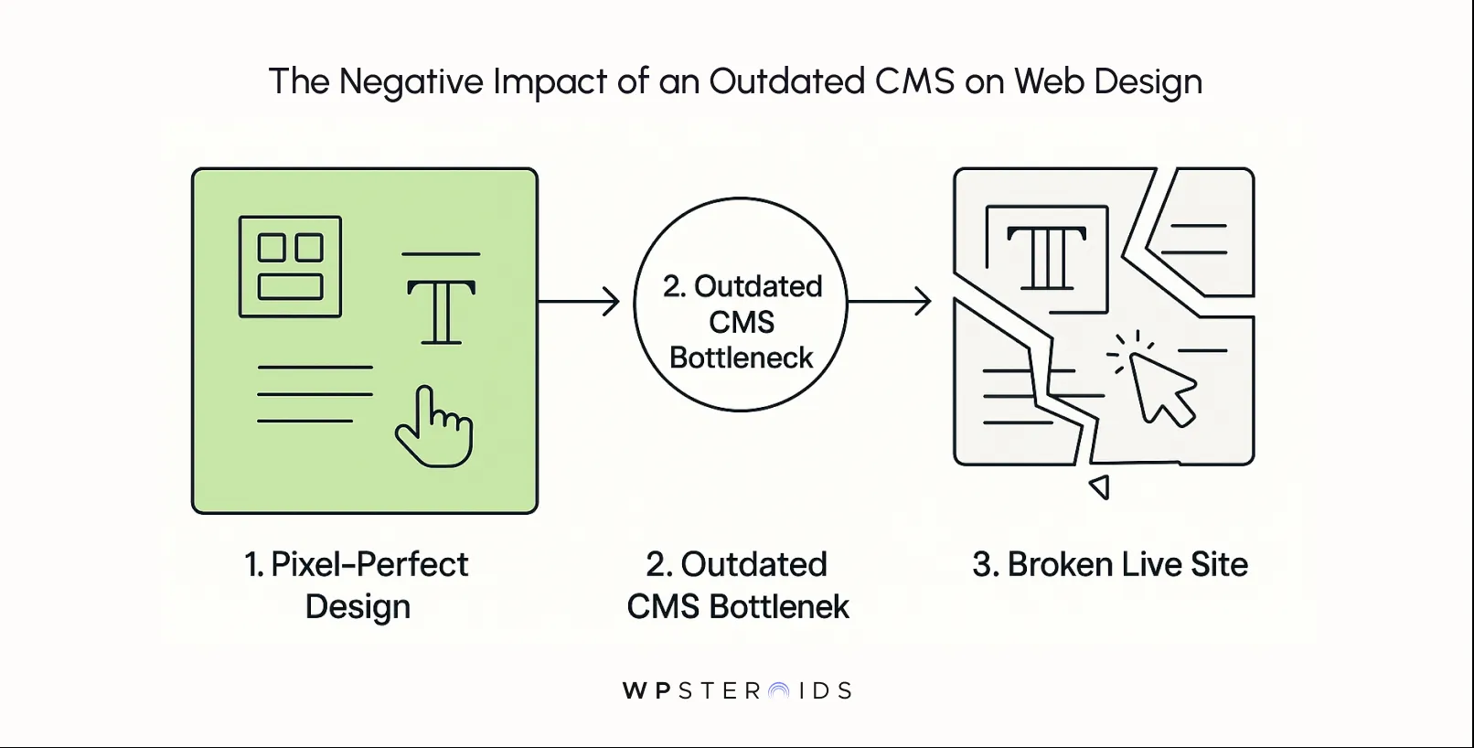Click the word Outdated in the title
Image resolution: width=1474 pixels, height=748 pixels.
point(786,81)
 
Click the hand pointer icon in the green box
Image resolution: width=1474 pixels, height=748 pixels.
point(434,427)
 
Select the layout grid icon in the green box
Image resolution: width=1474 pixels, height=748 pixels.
point(290,267)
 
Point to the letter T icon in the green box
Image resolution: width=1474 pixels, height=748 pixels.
point(441,312)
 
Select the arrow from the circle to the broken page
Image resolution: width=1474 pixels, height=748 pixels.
point(889,301)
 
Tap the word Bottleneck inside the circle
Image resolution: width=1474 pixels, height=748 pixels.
point(741,358)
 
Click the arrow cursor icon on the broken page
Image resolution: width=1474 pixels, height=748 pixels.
point(1159,389)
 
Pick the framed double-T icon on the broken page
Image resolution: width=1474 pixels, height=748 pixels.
point(1047,259)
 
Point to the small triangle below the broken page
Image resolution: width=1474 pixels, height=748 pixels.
point(1100,486)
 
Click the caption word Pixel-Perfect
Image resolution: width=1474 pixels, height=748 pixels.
point(369,565)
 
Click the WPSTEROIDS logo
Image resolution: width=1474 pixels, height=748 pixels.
point(737,690)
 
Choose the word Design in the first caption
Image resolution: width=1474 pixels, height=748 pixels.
point(358,607)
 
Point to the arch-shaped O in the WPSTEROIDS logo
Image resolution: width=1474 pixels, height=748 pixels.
point(779,691)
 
